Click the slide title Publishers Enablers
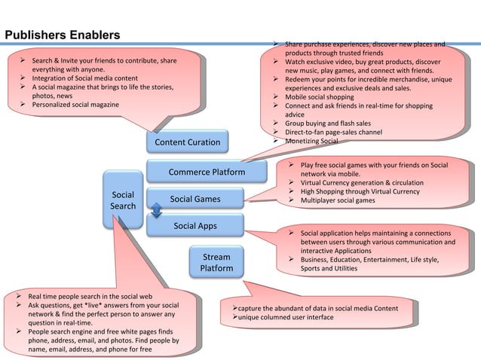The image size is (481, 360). (63, 35)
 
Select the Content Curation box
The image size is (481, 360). (187, 142)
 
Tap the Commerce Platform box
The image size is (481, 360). (206, 172)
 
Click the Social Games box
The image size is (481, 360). (195, 199)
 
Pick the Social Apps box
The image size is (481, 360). (195, 225)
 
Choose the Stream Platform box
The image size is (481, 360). (216, 263)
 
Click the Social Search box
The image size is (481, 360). (123, 200)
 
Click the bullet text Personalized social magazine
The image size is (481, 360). (75, 105)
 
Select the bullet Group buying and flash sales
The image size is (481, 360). (328, 124)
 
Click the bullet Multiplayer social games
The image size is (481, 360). (338, 201)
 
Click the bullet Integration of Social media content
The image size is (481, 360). (84, 78)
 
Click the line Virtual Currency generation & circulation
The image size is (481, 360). (362, 183)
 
